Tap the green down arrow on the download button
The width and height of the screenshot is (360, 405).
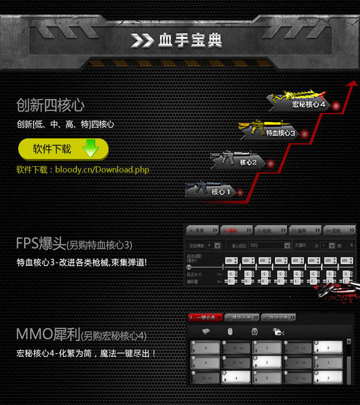(x=90, y=148)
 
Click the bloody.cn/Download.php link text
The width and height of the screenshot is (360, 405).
(x=102, y=170)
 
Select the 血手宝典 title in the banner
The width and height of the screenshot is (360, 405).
(x=190, y=41)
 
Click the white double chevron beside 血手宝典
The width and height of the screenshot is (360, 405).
(x=143, y=41)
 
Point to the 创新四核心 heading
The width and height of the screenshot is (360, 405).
(x=50, y=105)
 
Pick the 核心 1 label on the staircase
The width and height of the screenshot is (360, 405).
(x=221, y=192)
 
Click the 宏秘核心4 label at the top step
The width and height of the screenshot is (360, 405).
(x=309, y=104)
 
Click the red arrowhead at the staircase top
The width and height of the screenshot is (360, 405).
(x=352, y=85)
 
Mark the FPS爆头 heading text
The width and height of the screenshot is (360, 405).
(x=41, y=244)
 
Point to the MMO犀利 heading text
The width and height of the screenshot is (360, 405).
(x=48, y=334)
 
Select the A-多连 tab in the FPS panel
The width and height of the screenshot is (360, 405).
(x=202, y=230)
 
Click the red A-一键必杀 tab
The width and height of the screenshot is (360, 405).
(x=205, y=318)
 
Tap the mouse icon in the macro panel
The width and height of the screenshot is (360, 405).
(x=230, y=331)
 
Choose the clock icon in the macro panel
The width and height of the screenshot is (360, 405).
(x=254, y=331)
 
